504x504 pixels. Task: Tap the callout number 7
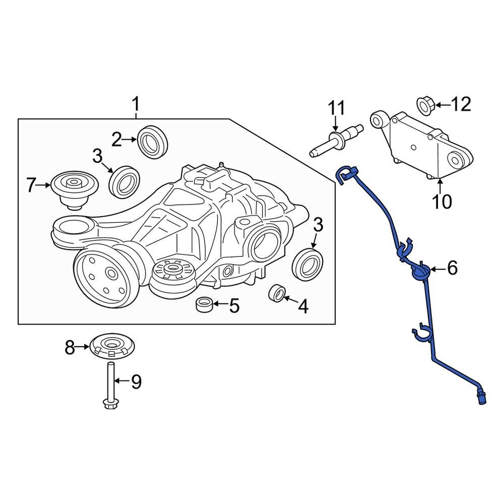coord(31,185)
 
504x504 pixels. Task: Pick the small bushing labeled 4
coord(278,294)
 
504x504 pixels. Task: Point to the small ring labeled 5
coord(204,304)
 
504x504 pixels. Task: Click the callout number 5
coord(234,305)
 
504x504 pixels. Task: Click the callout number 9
coord(136,382)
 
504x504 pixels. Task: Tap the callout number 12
coord(461,104)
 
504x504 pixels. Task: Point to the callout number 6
coord(452,268)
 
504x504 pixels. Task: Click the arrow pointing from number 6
coord(436,269)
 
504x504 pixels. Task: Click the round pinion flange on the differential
coord(103,275)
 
